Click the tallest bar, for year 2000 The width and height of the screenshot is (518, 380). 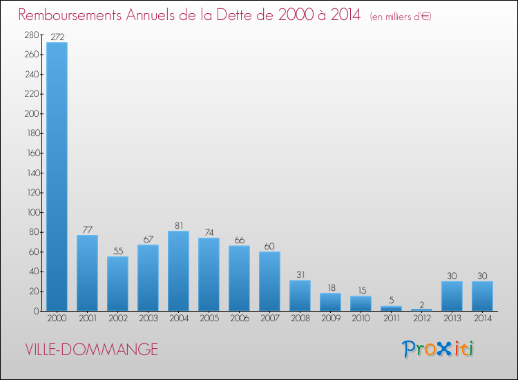(x=57, y=176)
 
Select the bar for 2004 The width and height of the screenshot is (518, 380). (x=178, y=271)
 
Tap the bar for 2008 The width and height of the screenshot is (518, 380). (x=300, y=296)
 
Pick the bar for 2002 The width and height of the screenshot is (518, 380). (x=117, y=284)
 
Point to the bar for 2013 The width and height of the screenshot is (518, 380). (x=452, y=296)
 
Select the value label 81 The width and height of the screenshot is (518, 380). (x=178, y=225)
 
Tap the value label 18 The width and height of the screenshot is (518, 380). (x=330, y=287)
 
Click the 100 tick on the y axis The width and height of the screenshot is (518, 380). (x=32, y=212)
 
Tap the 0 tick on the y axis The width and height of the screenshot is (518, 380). (x=36, y=311)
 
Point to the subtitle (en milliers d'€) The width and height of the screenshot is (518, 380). (x=401, y=17)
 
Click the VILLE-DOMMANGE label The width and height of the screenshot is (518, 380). (x=91, y=350)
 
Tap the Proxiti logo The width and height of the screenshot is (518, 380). (x=438, y=349)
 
